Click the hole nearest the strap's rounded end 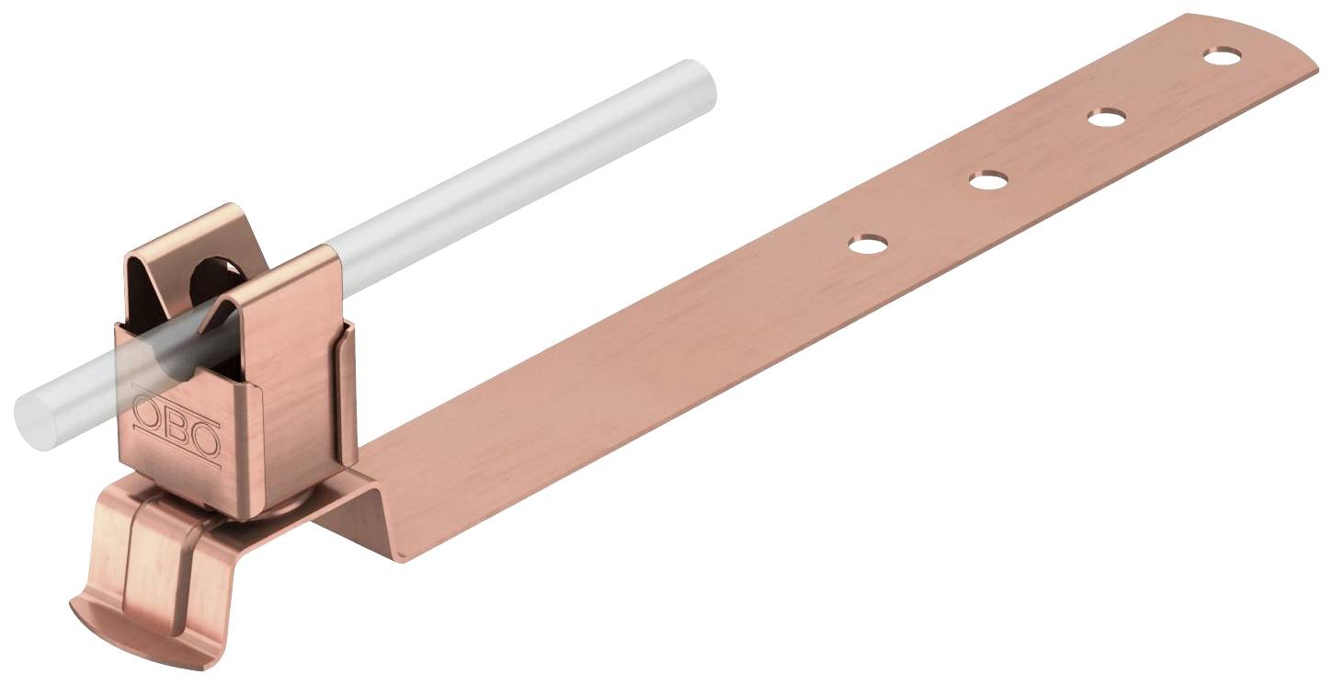1222,56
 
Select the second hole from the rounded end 1106,118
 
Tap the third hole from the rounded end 988,179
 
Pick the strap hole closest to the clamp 868,245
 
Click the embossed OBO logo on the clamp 177,427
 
